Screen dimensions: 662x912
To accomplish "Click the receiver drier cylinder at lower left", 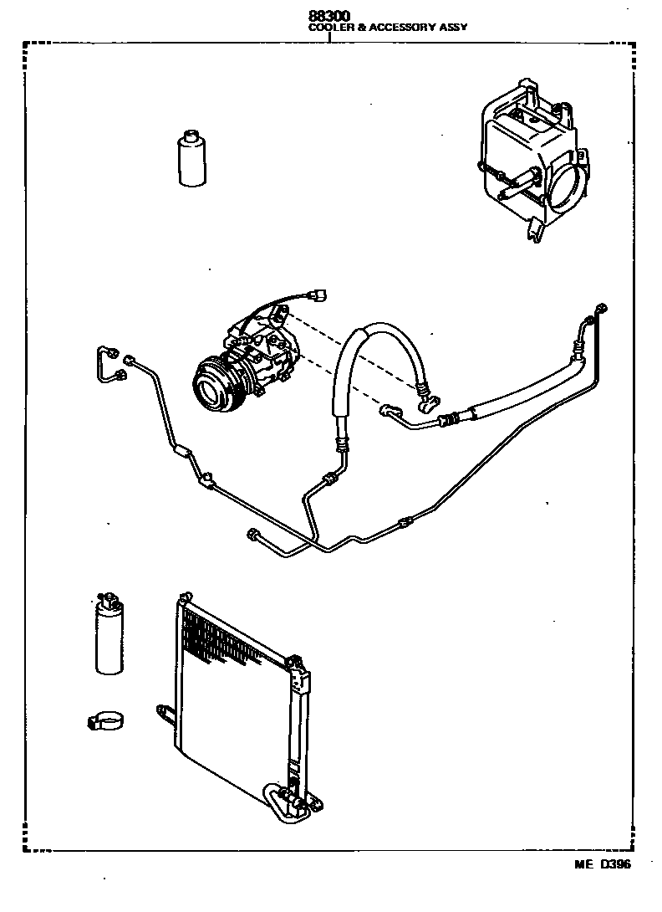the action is [109, 636].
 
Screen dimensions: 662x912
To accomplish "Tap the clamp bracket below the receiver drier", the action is [105, 720].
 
